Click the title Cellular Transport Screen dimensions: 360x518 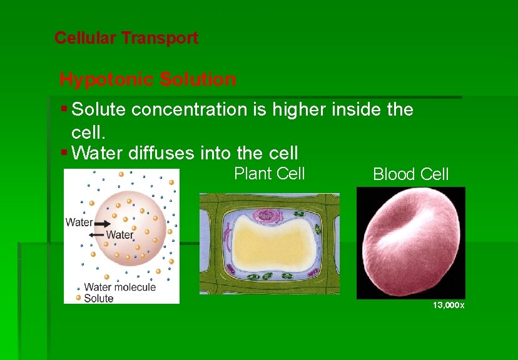pos(126,38)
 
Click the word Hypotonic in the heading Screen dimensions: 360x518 pos(107,79)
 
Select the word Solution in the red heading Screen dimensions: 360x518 pos(198,79)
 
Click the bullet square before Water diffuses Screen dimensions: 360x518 pos(65,151)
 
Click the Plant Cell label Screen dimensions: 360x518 pos(269,173)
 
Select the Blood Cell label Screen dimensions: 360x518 pos(410,174)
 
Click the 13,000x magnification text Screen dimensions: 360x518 pos(449,305)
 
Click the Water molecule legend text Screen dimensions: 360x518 pos(119,287)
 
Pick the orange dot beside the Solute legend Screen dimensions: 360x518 pos(78,298)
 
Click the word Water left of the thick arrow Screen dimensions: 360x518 pos(79,222)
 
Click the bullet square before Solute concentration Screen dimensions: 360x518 pos(65,109)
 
